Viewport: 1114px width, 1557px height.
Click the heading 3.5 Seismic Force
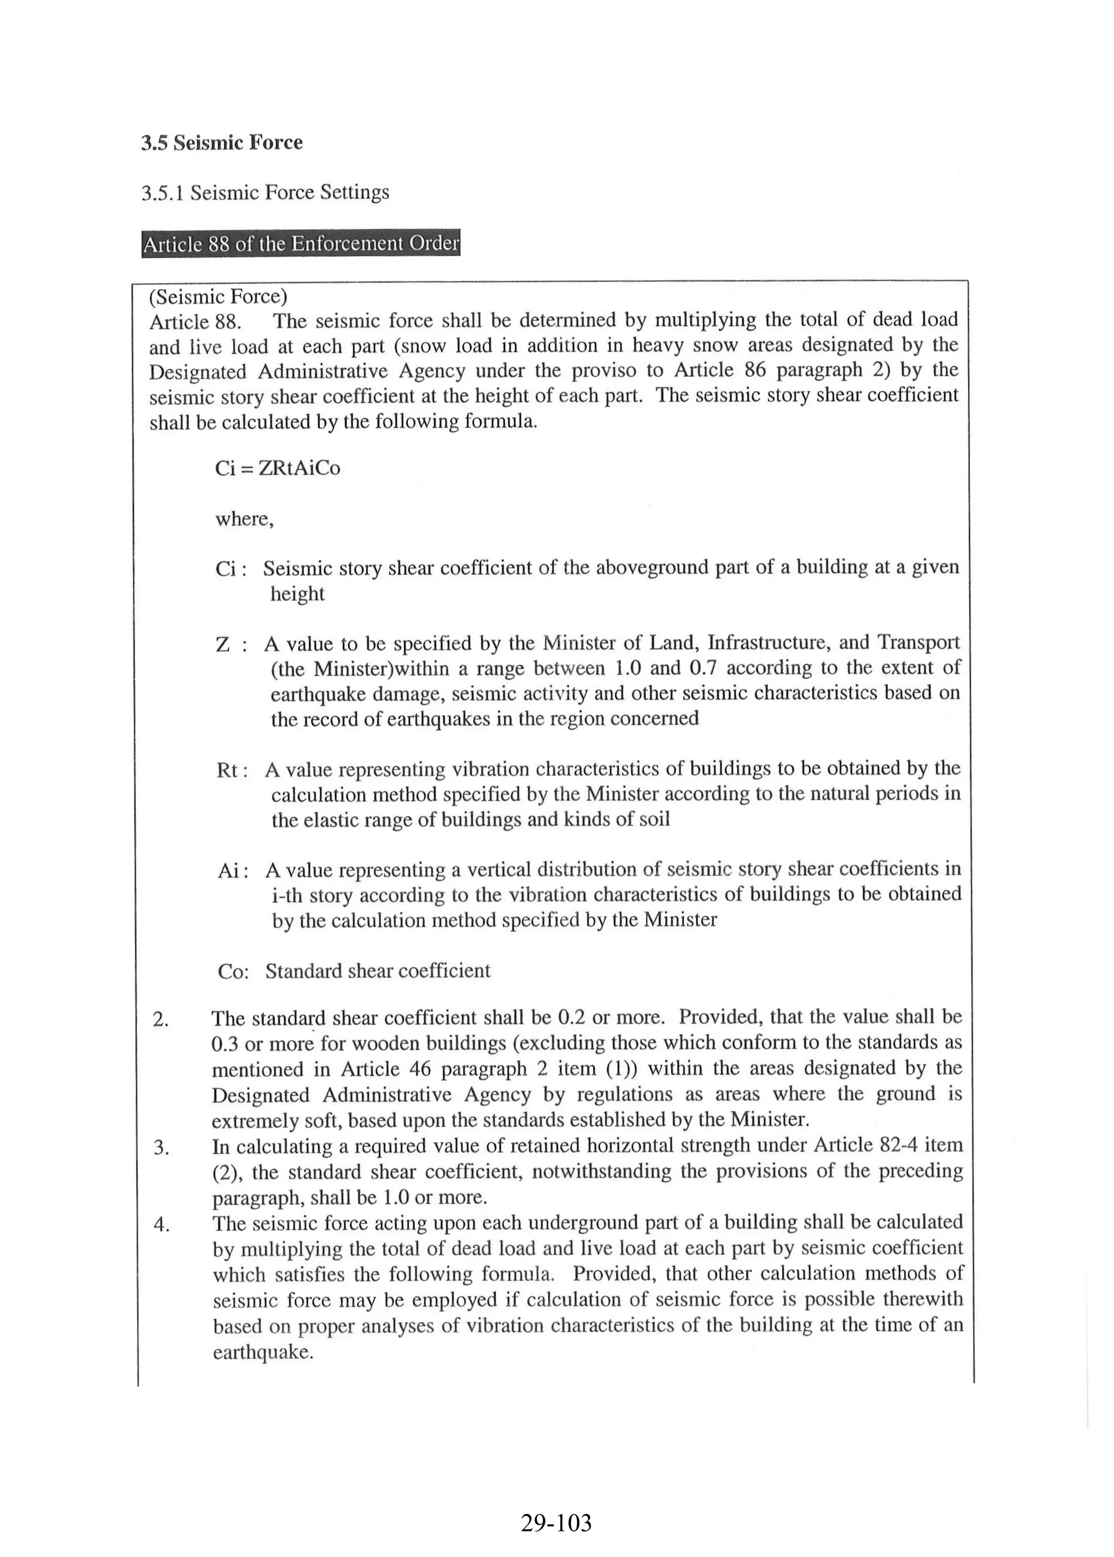point(221,142)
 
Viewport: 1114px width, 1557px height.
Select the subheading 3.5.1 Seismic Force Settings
point(265,193)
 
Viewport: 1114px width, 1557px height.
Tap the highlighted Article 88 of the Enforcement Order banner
point(300,244)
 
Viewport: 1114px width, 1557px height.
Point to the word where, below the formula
point(244,519)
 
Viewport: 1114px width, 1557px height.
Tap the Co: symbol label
point(233,972)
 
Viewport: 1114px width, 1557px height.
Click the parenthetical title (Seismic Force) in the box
point(218,297)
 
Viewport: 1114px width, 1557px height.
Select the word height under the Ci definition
point(297,594)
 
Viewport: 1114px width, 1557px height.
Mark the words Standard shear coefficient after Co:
point(378,971)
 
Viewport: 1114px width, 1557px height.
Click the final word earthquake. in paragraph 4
point(263,1353)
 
